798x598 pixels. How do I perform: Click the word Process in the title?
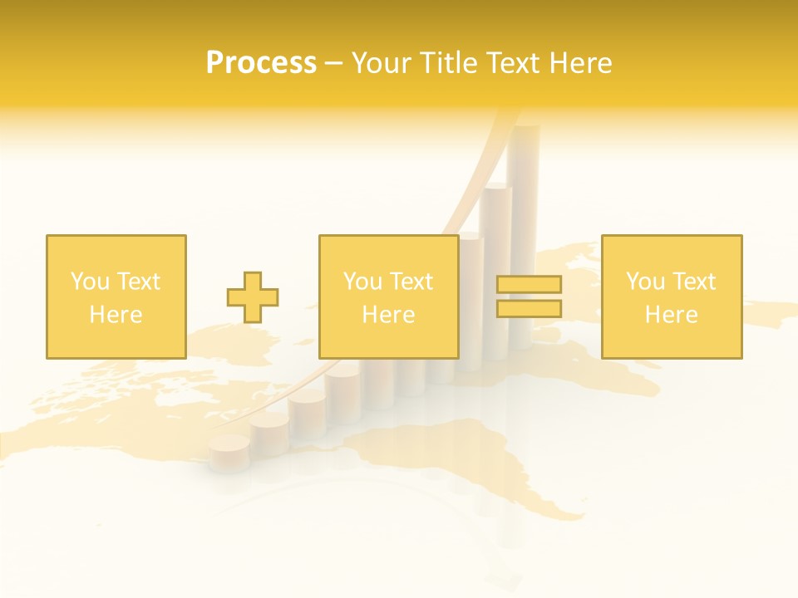[x=261, y=62]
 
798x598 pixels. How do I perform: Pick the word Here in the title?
[x=584, y=62]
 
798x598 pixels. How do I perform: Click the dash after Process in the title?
[x=334, y=64]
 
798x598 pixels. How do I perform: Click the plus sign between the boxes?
[x=253, y=297]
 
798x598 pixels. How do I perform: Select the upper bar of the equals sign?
[x=529, y=285]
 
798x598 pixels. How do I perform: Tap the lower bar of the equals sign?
[x=529, y=309]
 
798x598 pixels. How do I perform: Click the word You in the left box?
[x=90, y=282]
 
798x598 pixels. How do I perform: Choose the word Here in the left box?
[x=116, y=315]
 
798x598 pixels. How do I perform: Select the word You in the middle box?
[x=362, y=282]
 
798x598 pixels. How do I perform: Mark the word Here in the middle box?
[x=388, y=315]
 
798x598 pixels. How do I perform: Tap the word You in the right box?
[x=645, y=282]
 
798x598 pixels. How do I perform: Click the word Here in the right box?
[x=671, y=315]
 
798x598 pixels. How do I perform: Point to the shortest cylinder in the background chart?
[x=229, y=453]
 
